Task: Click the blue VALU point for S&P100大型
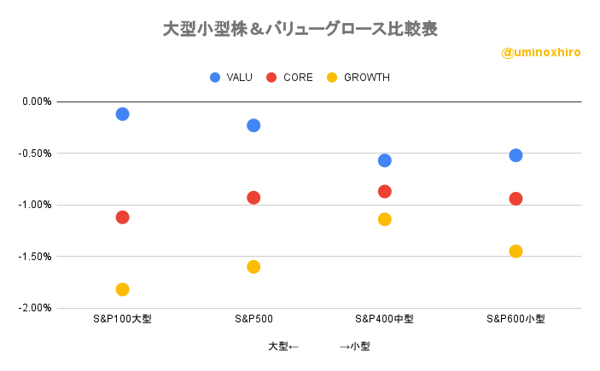tap(122, 113)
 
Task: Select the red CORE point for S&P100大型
tap(122, 217)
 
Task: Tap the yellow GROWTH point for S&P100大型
tap(122, 289)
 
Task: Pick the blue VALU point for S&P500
tap(253, 125)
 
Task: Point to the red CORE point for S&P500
tap(253, 197)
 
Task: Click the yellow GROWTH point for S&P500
tap(253, 266)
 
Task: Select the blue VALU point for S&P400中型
tap(385, 160)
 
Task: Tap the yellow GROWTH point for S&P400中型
tap(385, 219)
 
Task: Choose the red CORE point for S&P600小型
tap(516, 199)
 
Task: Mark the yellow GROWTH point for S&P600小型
tap(516, 251)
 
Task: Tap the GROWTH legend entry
tap(358, 78)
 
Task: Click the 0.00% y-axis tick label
tap(37, 101)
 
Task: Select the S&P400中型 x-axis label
tap(385, 319)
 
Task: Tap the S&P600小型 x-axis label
tap(516, 319)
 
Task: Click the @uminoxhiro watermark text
tap(541, 53)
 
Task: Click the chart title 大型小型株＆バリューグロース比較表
tap(300, 29)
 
